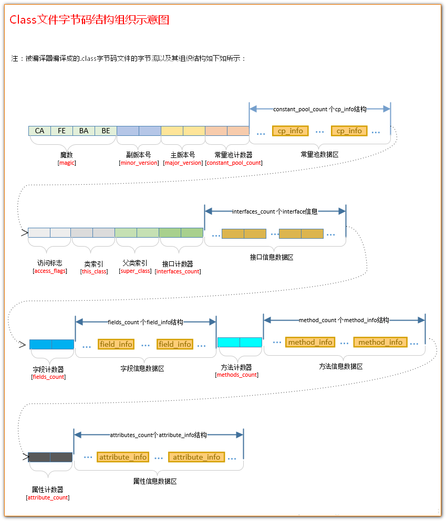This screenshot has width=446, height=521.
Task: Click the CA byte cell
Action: point(39,131)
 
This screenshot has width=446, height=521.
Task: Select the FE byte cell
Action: point(61,131)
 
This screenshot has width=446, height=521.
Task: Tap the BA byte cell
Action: point(84,131)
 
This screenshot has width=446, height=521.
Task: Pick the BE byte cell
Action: point(106,131)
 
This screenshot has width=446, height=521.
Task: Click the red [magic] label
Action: point(67,163)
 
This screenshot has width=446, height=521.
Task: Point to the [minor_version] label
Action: point(139,163)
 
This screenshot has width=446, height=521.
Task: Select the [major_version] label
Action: point(183,163)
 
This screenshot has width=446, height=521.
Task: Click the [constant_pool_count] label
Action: point(234,163)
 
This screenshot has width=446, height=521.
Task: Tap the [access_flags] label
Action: point(49,271)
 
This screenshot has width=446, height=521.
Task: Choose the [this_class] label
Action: point(94,271)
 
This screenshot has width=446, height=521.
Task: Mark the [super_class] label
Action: point(135,271)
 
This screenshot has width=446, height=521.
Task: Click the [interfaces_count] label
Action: point(178,271)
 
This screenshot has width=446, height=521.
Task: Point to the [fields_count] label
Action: point(49,377)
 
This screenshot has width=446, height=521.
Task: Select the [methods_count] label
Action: point(236,375)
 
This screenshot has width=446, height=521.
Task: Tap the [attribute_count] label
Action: point(48,497)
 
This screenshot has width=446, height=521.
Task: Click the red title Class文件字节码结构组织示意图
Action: point(89,20)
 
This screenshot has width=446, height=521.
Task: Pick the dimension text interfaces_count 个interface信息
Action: point(275,211)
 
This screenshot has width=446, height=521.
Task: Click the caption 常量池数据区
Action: point(319,155)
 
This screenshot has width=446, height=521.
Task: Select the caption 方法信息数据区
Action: point(341,366)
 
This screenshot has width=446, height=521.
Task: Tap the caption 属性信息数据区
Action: point(155,481)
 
